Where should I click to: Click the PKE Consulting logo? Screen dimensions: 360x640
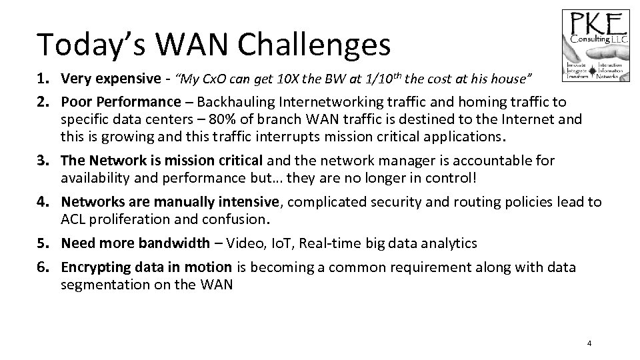(595, 45)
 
